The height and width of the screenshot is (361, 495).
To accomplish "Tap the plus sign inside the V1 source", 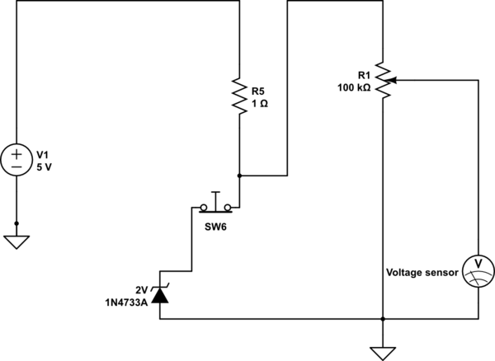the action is [x=16, y=154].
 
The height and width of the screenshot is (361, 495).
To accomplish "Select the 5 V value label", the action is [x=44, y=167].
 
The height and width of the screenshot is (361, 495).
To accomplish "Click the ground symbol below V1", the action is [x=16, y=242].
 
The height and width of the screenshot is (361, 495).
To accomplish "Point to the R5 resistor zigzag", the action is [x=239, y=96].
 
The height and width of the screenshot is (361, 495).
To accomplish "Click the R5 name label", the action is [x=257, y=91].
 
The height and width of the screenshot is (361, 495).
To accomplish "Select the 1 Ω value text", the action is [x=260, y=103].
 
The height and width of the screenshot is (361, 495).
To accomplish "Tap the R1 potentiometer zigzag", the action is [x=383, y=80].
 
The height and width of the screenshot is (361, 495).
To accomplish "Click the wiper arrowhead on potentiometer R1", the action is [x=391, y=81].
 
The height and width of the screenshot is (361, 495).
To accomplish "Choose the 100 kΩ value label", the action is [x=354, y=87].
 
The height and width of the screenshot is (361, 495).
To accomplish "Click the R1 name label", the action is [x=364, y=75].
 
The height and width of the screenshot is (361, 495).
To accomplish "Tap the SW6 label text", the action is [x=215, y=227].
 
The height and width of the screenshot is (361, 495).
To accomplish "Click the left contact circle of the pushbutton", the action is [x=204, y=208].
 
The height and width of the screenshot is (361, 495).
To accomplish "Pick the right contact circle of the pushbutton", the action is [x=228, y=208].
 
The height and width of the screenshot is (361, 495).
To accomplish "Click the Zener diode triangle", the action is [x=160, y=296].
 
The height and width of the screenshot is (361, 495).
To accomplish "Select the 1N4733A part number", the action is [x=126, y=303].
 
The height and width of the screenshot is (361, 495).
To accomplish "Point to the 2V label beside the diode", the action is [x=142, y=290].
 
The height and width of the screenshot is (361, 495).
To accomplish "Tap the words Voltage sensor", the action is [x=422, y=273].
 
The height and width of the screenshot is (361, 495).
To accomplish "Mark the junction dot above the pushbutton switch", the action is [x=239, y=176].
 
